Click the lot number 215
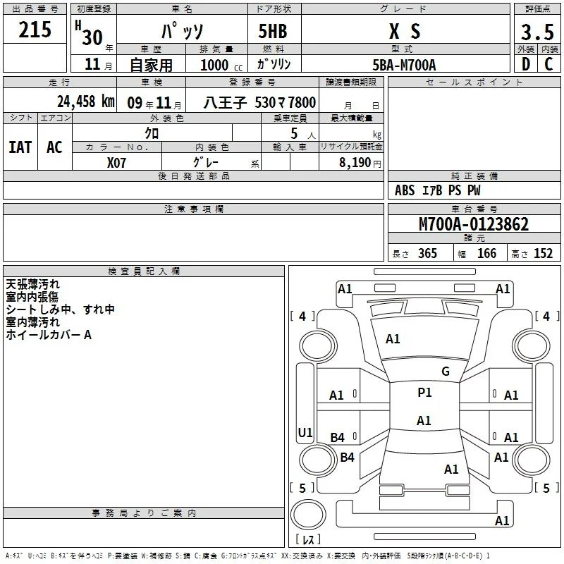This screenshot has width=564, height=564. pyautogui.click(x=35, y=30)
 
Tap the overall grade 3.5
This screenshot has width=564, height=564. pyautogui.click(x=537, y=32)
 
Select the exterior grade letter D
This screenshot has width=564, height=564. pyautogui.click(x=526, y=64)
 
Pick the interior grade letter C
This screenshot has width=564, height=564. pyautogui.click(x=548, y=64)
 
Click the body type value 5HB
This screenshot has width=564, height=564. pyautogui.click(x=273, y=31)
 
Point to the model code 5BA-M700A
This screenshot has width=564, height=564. pyautogui.click(x=404, y=65)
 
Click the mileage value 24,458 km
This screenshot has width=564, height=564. pyautogui.click(x=86, y=102)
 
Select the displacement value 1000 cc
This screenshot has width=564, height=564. pyautogui.click(x=221, y=65)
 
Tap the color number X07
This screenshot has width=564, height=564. pyautogui.click(x=116, y=163)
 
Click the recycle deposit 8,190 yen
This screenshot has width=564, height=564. pyautogui.click(x=360, y=163)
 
